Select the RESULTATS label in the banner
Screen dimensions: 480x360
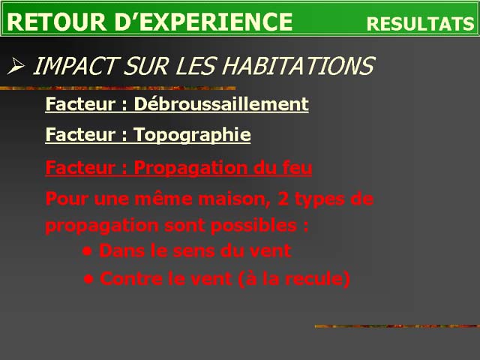point(420,24)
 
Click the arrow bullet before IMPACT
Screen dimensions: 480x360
point(16,65)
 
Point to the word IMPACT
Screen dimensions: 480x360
point(74,65)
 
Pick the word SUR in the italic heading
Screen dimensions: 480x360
point(145,65)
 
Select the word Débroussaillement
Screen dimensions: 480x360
point(221,103)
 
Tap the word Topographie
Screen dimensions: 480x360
point(192,135)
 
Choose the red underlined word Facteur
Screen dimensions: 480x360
point(80,167)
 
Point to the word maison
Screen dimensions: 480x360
point(234,199)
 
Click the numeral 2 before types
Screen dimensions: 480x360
point(283,199)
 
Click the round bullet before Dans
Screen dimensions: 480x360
point(88,252)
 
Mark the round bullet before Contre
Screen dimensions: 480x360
point(88,279)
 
